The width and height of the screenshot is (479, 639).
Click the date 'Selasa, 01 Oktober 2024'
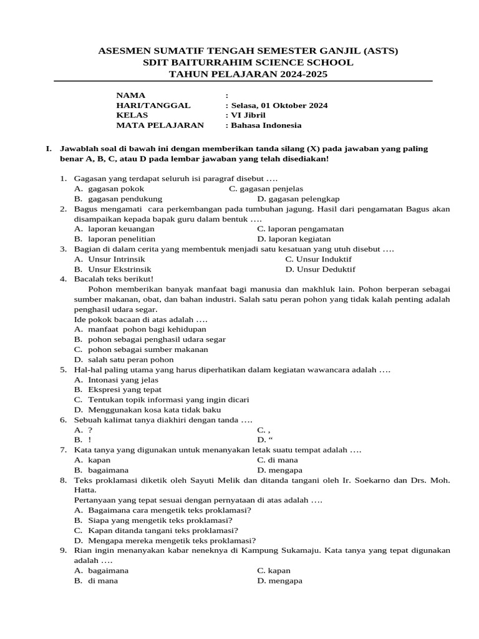coord(279,105)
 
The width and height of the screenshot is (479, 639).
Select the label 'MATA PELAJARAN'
coord(160,125)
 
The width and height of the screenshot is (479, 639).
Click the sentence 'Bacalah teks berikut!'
coord(114,279)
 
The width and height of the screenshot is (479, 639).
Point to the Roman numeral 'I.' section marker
coord(48,149)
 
